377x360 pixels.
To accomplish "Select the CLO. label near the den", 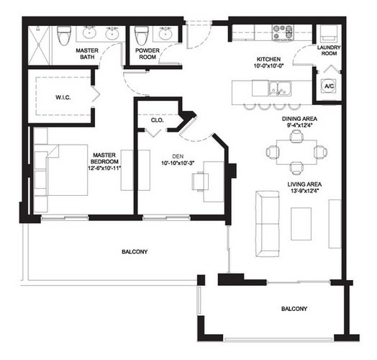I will pos(156,120).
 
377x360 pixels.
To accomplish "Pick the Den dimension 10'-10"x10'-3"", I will pos(176,162).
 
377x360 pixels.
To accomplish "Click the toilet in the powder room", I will pos(142,35).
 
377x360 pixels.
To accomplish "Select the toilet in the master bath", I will pos(64,34).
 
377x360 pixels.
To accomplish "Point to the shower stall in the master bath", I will pos(41,43).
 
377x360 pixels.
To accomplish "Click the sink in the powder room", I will pos(166,32).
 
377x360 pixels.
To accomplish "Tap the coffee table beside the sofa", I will pos(301,222).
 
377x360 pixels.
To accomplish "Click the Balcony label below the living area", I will pos(294,309).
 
